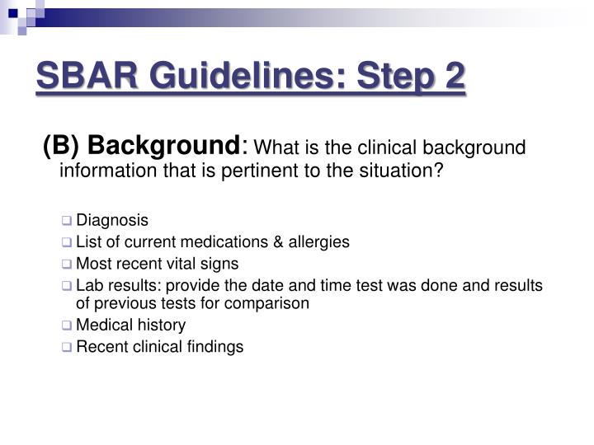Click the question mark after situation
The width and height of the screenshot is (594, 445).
point(440,171)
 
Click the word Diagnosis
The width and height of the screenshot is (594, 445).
point(112,221)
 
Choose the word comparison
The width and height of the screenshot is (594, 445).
point(270,303)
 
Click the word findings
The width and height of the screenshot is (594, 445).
point(216,347)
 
